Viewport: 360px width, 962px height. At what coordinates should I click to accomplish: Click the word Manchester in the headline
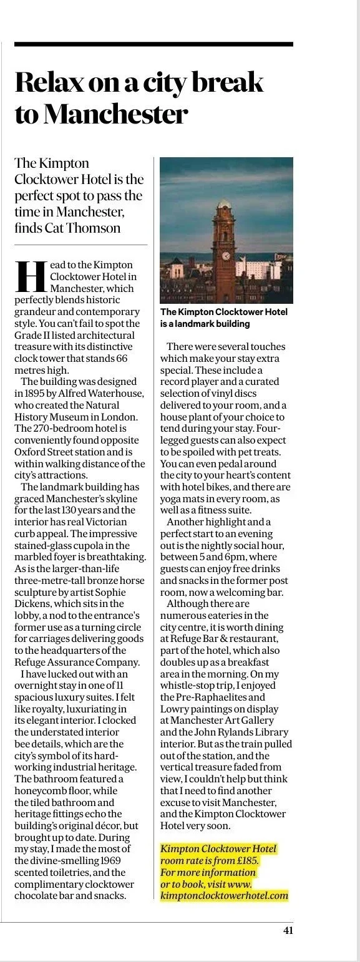tap(115, 114)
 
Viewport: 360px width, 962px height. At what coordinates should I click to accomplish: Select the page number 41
tap(288, 930)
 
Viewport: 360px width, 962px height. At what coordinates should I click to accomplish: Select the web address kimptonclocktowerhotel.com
tap(224, 895)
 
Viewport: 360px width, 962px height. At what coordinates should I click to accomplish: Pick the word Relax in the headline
tap(51, 82)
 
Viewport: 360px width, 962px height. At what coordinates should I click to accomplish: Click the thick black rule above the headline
tap(153, 44)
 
